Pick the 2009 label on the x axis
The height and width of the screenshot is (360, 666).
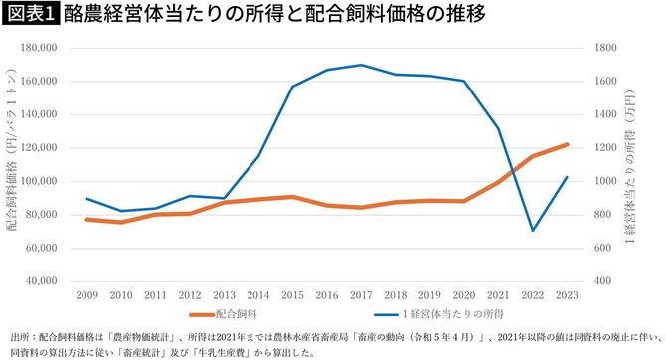click(87, 296)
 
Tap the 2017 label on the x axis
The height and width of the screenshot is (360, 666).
click(362, 296)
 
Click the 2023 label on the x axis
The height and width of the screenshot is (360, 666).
click(567, 296)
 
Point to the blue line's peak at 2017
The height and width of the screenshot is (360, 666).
click(362, 65)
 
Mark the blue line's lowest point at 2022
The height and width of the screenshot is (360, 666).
click(533, 231)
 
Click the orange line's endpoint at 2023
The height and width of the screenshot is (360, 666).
click(567, 144)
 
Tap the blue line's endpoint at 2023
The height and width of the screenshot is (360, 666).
click(567, 177)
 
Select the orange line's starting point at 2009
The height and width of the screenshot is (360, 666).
click(87, 219)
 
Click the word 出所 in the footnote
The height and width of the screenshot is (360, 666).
click(18, 338)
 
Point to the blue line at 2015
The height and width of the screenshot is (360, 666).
click(293, 87)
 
